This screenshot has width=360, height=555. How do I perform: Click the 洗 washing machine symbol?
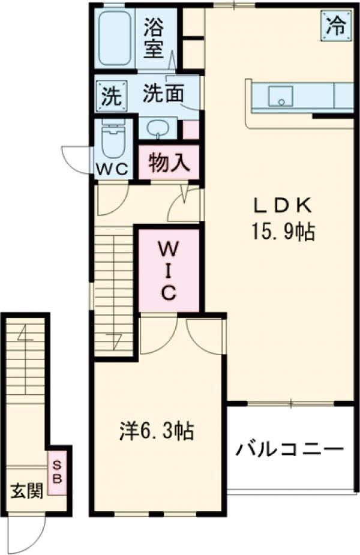[x=110, y=95]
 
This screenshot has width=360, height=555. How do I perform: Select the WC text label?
[x=113, y=169]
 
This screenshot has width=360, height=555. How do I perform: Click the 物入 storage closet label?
[x=169, y=163]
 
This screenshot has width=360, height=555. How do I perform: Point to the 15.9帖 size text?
[x=283, y=232]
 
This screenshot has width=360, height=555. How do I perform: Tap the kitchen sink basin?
[x=280, y=95]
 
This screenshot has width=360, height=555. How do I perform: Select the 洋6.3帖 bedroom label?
[x=155, y=431]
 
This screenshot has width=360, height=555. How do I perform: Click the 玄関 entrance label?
[x=26, y=492]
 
